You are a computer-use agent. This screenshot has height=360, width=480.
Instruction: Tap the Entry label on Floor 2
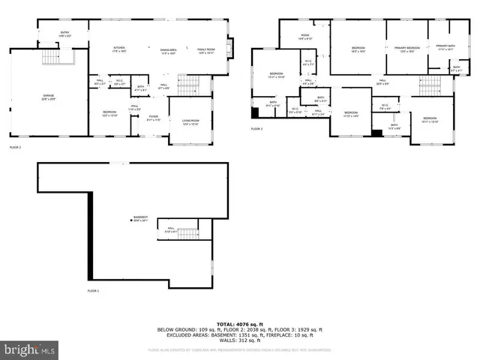64,34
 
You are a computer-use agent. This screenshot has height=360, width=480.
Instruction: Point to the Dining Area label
167,49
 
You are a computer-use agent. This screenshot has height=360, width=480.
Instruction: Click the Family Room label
205,49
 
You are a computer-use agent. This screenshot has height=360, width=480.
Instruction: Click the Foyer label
153,118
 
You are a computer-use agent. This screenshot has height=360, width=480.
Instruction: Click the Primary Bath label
445,46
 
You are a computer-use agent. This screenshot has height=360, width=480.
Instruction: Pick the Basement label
141,219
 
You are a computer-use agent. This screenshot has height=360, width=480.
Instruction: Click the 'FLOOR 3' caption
256,129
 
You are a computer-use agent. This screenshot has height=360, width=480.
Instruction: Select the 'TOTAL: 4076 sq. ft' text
239,322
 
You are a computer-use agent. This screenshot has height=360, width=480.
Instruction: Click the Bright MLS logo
30,349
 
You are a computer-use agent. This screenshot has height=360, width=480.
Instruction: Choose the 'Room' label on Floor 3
305,37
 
